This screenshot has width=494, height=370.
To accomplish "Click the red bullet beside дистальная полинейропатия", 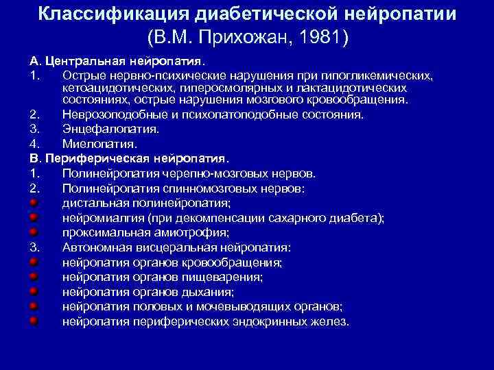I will tap(32, 203).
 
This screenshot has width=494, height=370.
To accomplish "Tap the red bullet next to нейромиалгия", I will tap(32, 218).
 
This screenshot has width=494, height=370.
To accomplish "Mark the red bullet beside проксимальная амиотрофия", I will tap(32, 232).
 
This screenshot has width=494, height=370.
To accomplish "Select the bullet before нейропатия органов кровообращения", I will tap(32, 262).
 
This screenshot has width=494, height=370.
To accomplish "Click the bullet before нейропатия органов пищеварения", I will tap(32, 277).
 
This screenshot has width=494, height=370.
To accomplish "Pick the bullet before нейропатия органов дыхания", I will tap(32, 291).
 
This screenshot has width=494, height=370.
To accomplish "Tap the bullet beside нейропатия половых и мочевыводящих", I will tap(32, 306).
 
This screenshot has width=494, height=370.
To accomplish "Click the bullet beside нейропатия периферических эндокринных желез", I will tap(32, 321).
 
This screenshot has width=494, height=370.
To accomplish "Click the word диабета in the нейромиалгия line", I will tap(360, 218).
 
